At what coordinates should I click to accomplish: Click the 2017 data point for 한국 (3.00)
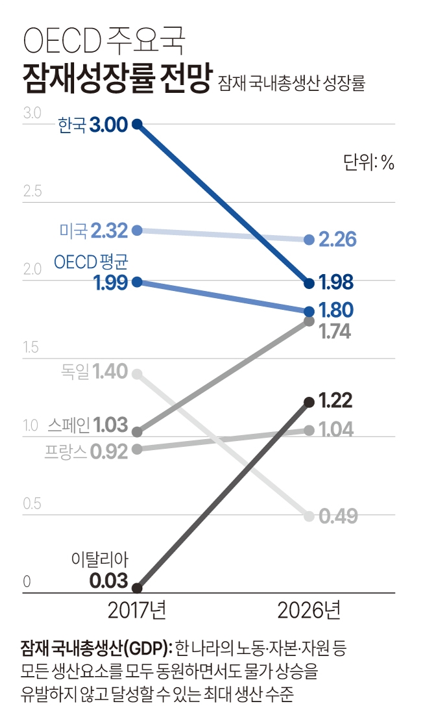[137, 123]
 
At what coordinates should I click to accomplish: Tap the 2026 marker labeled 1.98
[310, 283]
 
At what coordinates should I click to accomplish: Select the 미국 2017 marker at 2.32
[137, 230]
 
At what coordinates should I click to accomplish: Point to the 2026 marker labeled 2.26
[310, 240]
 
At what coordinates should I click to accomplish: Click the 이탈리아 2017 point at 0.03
[137, 588]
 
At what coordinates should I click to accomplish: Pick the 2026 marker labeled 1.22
[310, 402]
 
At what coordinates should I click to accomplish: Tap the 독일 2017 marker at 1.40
[137, 373]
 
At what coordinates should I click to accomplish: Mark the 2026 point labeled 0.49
[310, 516]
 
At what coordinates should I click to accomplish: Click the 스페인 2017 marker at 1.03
[137, 431]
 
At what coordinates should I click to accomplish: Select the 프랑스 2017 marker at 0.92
[137, 449]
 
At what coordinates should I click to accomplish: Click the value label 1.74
[336, 332]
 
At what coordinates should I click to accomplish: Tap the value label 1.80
[336, 310]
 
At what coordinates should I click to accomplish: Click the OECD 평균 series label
[91, 262]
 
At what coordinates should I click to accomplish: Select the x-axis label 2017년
[137, 611]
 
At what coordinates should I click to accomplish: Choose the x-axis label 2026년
[309, 611]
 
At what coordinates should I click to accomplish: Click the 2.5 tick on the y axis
[32, 192]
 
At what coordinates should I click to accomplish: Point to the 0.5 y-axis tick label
[32, 504]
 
